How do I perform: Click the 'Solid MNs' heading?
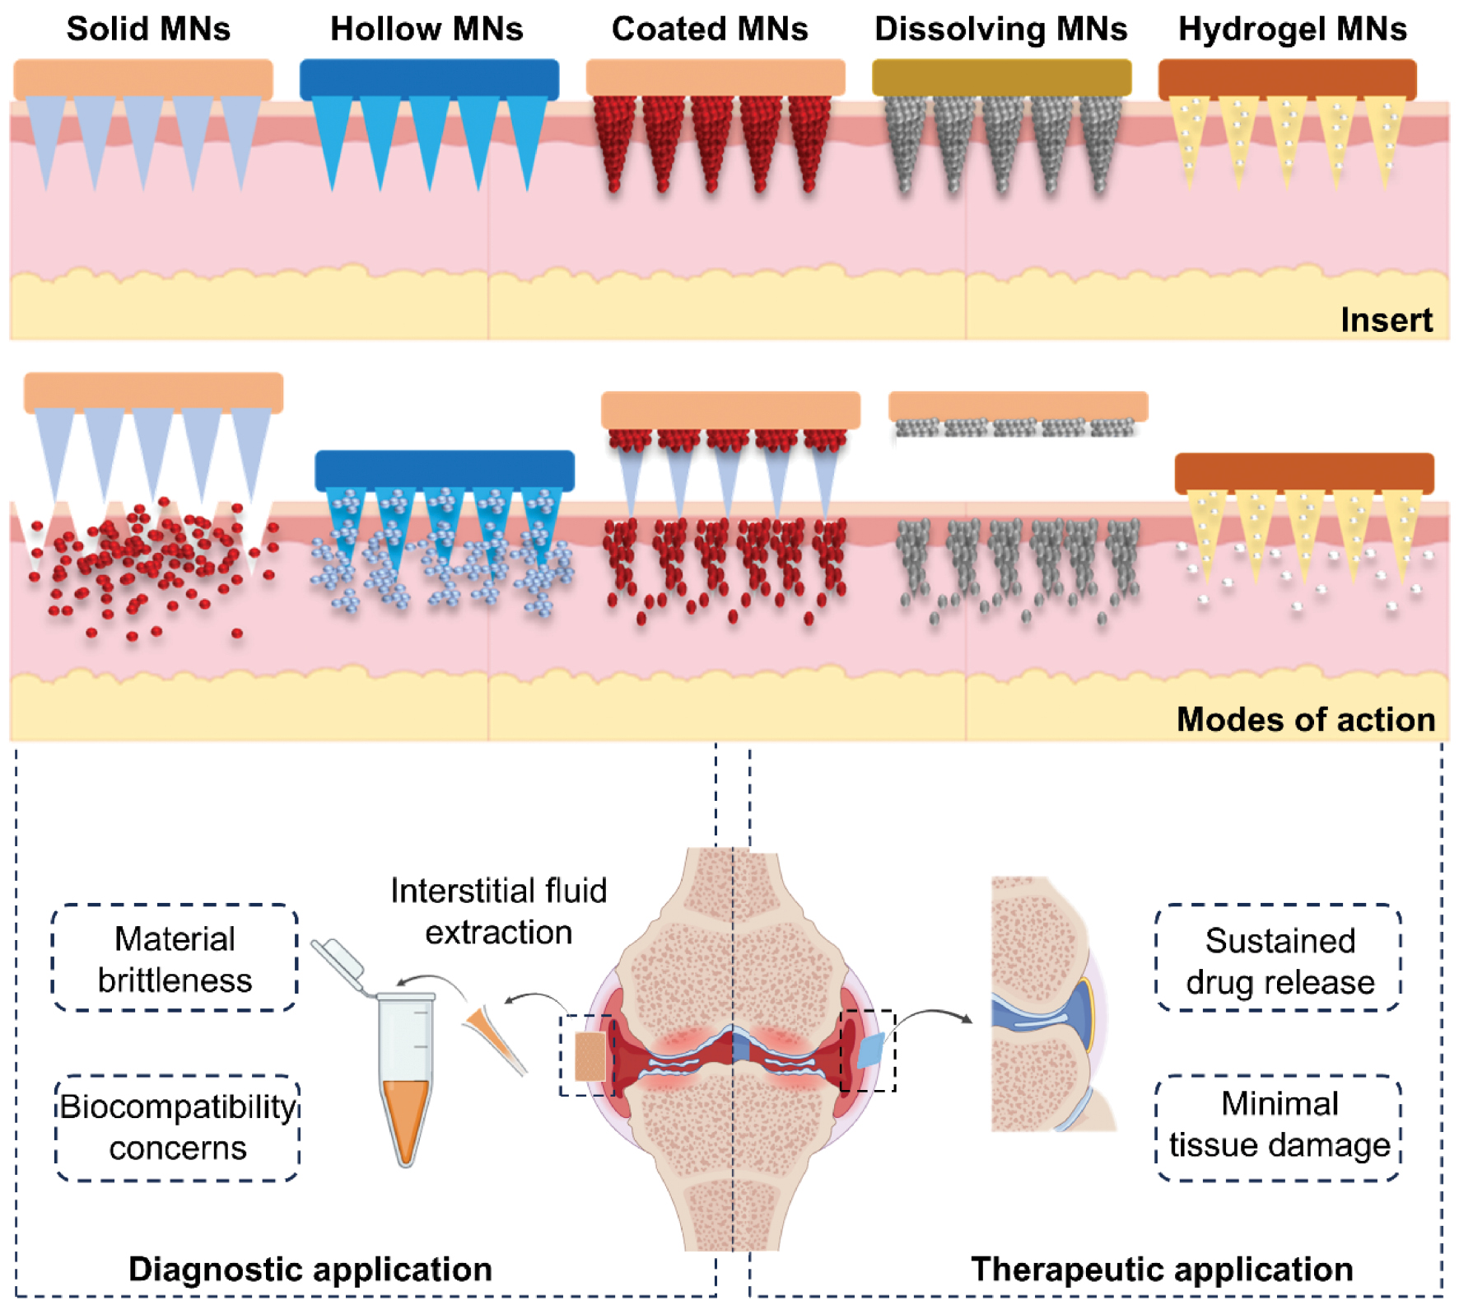pyautogui.click(x=148, y=30)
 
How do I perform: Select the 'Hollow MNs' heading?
pyautogui.click(x=427, y=30)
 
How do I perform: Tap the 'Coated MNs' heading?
pyautogui.click(x=710, y=30)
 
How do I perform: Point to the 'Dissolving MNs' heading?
pyautogui.click(x=1000, y=30)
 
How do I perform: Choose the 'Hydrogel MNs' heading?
pyautogui.click(x=1292, y=30)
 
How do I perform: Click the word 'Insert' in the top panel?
pyautogui.click(x=1387, y=320)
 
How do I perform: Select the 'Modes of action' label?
pyautogui.click(x=1305, y=720)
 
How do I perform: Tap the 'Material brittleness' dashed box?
pyautogui.click(x=175, y=958)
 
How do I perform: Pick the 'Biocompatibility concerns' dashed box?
pyautogui.click(x=178, y=1127)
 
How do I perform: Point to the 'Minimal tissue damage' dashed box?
pyautogui.click(x=1280, y=1125)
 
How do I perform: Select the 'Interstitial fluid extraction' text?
pyautogui.click(x=498, y=912)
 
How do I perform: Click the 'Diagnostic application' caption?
pyautogui.click(x=310, y=1270)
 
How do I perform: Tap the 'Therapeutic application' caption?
pyautogui.click(x=1162, y=1270)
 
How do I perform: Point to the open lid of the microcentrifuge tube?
pyautogui.click(x=338, y=961)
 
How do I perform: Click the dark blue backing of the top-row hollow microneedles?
pyautogui.click(x=429, y=79)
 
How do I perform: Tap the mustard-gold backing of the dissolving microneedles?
pyautogui.click(x=1001, y=78)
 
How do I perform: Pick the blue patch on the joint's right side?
pyautogui.click(x=870, y=1050)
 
